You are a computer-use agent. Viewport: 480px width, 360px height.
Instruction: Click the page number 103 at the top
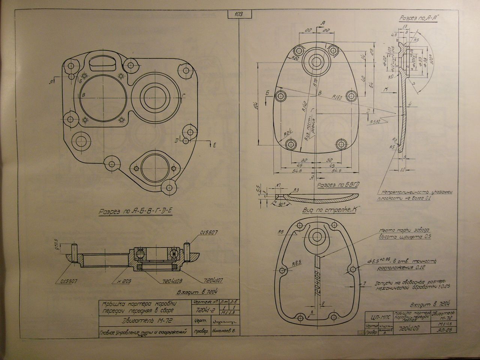coord(238,15)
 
